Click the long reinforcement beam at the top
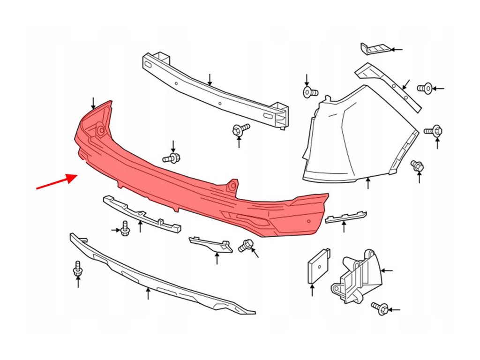tap(211, 89)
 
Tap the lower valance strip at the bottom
tap(155, 277)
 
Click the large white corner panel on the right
tap(356, 136)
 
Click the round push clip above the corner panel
tap(309, 92)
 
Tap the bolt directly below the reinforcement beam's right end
tap(240, 129)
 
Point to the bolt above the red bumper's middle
tap(172, 158)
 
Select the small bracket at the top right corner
tap(374, 49)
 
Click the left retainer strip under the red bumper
tap(141, 213)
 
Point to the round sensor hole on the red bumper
tap(308, 221)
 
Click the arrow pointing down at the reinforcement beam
tap(210, 79)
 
